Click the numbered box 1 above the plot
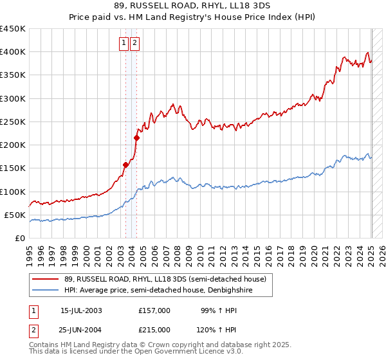[x=124, y=43]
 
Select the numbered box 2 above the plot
[x=134, y=43]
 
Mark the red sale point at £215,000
[x=137, y=138]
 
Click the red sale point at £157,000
[x=126, y=165]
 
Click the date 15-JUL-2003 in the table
[x=81, y=310]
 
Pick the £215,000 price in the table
[x=154, y=329]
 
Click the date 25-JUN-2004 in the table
[x=81, y=329]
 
